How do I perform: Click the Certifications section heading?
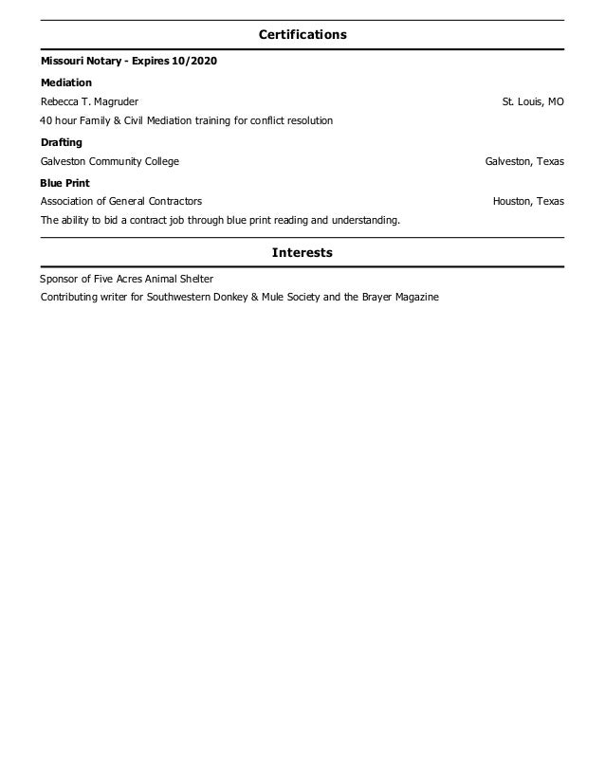click(x=302, y=35)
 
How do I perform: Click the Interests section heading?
click(x=302, y=253)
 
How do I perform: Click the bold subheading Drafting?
click(x=62, y=142)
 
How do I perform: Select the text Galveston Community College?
click(x=109, y=162)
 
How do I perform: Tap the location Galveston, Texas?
click(x=524, y=162)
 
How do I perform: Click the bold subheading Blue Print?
click(x=64, y=182)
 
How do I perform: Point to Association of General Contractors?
click(x=120, y=202)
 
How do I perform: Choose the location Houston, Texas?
click(x=528, y=202)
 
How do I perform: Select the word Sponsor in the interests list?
click(x=59, y=279)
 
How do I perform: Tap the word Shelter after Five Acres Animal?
click(x=193, y=279)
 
